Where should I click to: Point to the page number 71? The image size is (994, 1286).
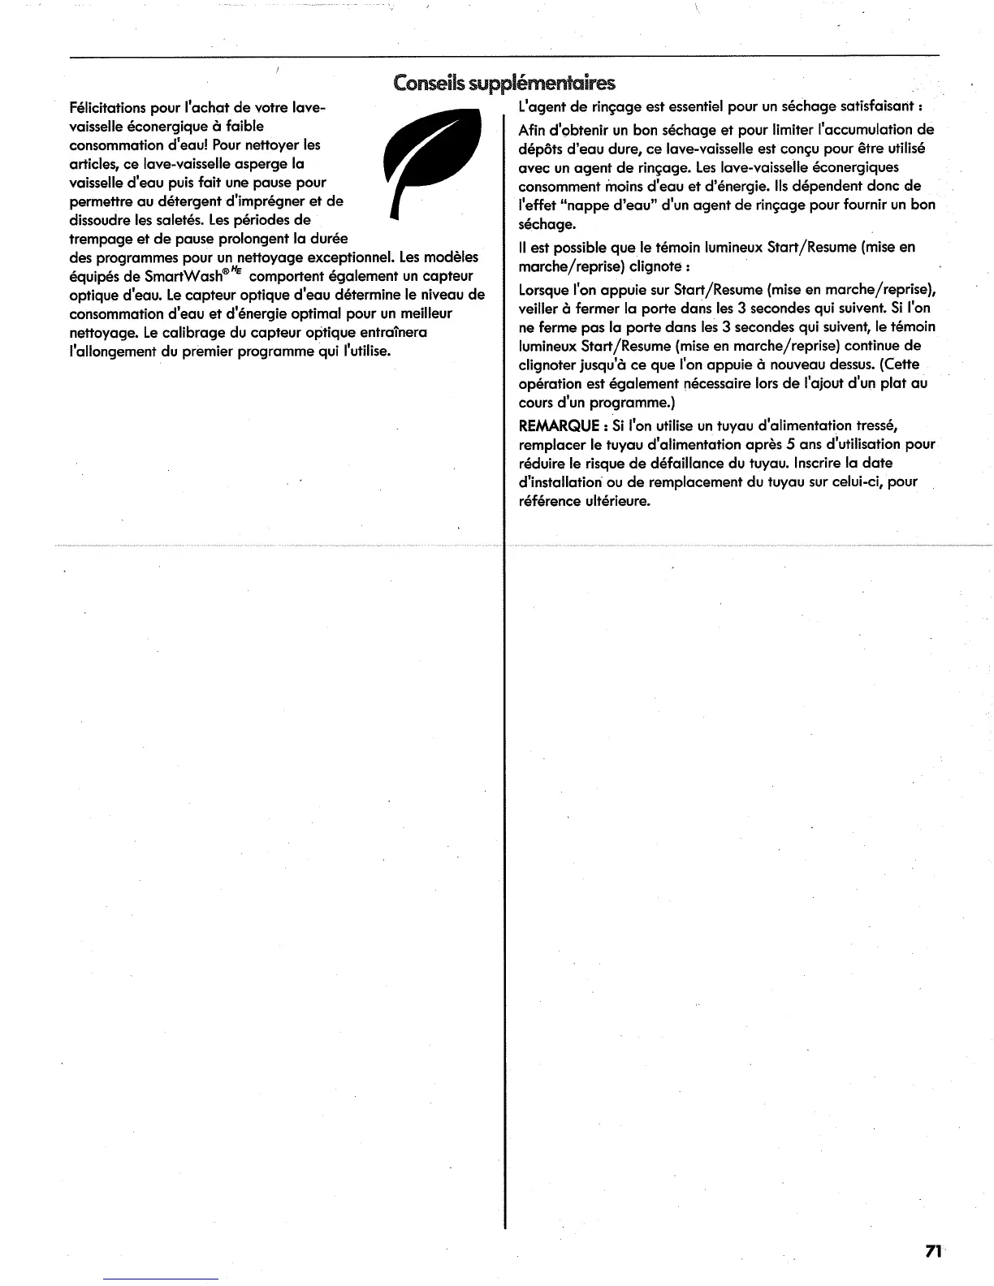click(932, 1251)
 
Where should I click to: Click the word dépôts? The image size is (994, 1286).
click(540, 149)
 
